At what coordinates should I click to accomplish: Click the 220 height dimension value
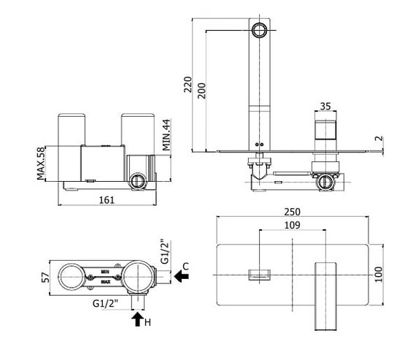[x=188, y=85]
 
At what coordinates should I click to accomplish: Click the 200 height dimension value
[x=201, y=91]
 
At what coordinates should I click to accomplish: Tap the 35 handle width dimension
[x=325, y=106]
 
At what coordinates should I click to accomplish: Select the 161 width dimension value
[x=107, y=200]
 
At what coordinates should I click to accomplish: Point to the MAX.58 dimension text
[x=41, y=164]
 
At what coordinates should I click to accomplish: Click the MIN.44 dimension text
[x=166, y=135]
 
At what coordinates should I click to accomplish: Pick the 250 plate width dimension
[x=293, y=212]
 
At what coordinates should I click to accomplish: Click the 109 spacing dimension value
[x=293, y=225]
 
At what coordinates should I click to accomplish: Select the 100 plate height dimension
[x=379, y=275]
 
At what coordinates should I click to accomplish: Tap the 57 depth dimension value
[x=46, y=277]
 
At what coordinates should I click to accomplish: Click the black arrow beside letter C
[x=182, y=277]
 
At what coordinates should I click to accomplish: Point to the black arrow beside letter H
[x=138, y=319]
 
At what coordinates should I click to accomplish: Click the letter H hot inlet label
[x=147, y=322]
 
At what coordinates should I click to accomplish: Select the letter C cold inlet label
[x=185, y=266]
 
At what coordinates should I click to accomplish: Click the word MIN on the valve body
[x=105, y=272]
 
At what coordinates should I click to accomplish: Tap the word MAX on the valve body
[x=106, y=282]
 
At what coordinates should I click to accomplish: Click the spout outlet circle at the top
[x=259, y=30]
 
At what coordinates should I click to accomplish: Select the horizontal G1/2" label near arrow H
[x=105, y=304]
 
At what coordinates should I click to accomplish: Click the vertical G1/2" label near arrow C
[x=166, y=251]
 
